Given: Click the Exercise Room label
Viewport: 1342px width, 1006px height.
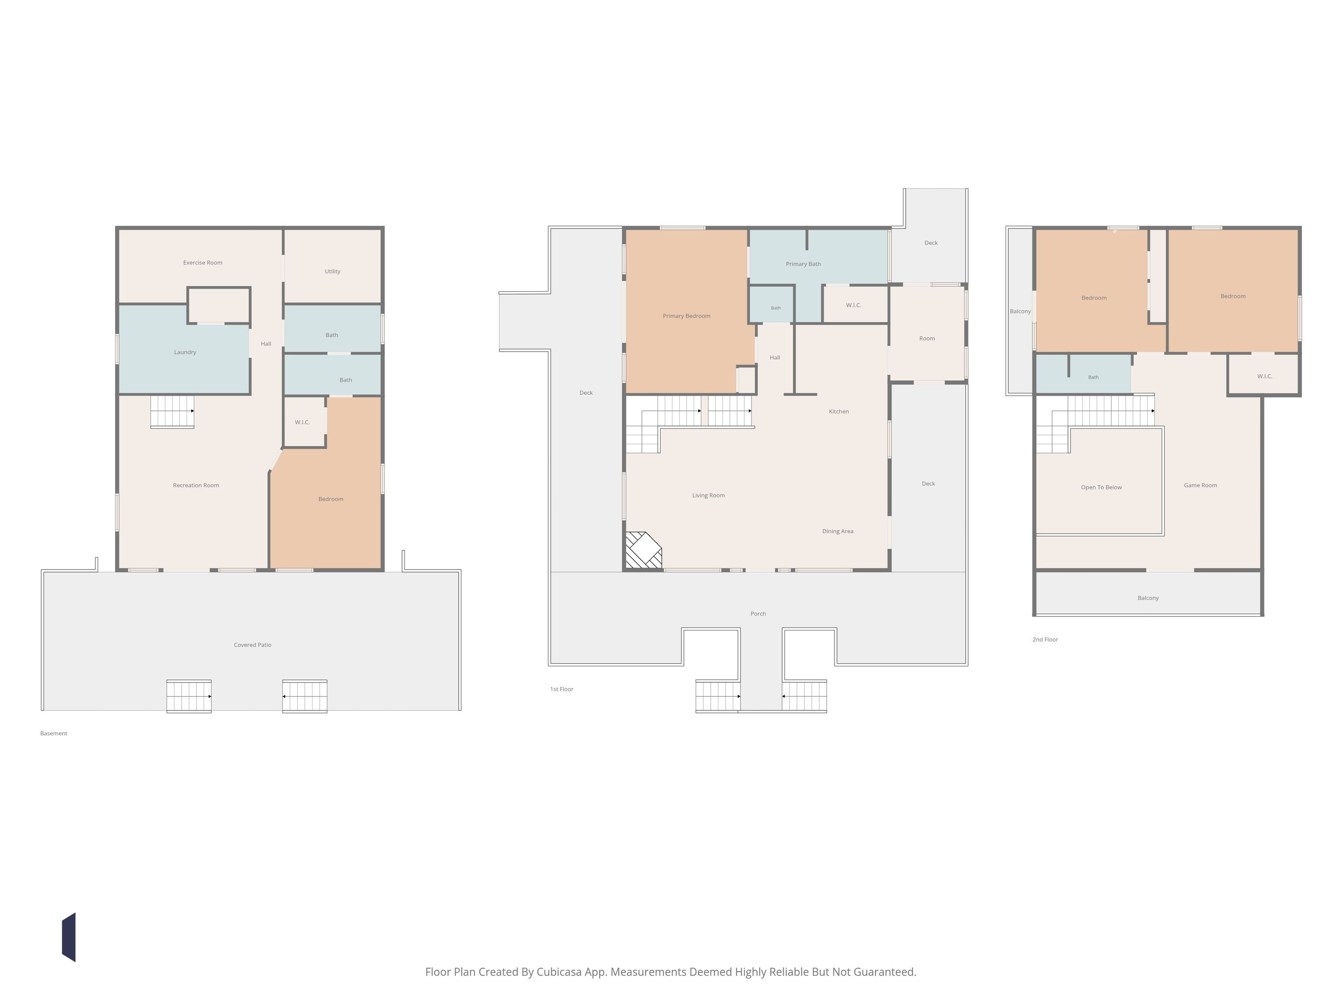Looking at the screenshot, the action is pyautogui.click(x=203, y=263).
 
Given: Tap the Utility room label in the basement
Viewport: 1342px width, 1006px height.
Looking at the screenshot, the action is pyautogui.click(x=333, y=271).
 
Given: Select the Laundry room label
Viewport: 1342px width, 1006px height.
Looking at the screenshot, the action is pyautogui.click(x=185, y=352).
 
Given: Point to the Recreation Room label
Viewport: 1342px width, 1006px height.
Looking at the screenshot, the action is pyautogui.click(x=196, y=485).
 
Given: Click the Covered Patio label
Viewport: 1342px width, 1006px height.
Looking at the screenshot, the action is pyautogui.click(x=253, y=645).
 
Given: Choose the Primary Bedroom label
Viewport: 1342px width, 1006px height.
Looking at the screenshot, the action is pyautogui.click(x=686, y=316).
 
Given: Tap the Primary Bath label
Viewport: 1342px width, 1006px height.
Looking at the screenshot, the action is pyautogui.click(x=803, y=264).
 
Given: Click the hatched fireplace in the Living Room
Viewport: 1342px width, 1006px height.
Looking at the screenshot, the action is pyautogui.click(x=644, y=550).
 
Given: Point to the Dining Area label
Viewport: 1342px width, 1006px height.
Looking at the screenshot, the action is pyautogui.click(x=838, y=531).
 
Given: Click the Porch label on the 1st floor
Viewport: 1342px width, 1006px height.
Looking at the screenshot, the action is pyautogui.click(x=758, y=614).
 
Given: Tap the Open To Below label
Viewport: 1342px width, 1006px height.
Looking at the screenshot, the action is pyautogui.click(x=1101, y=488).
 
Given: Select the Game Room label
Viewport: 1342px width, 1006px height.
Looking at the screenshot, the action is pyautogui.click(x=1201, y=485).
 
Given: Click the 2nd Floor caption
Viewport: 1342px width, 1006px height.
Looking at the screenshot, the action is pyautogui.click(x=1045, y=639).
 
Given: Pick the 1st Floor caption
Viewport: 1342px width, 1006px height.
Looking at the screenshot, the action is pyautogui.click(x=562, y=689).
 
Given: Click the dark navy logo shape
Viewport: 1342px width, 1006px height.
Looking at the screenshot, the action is pyautogui.click(x=69, y=937).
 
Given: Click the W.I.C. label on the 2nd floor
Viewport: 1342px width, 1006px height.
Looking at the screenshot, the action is pyautogui.click(x=1265, y=377).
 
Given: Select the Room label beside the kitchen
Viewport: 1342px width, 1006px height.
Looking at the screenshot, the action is pyautogui.click(x=927, y=338).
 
